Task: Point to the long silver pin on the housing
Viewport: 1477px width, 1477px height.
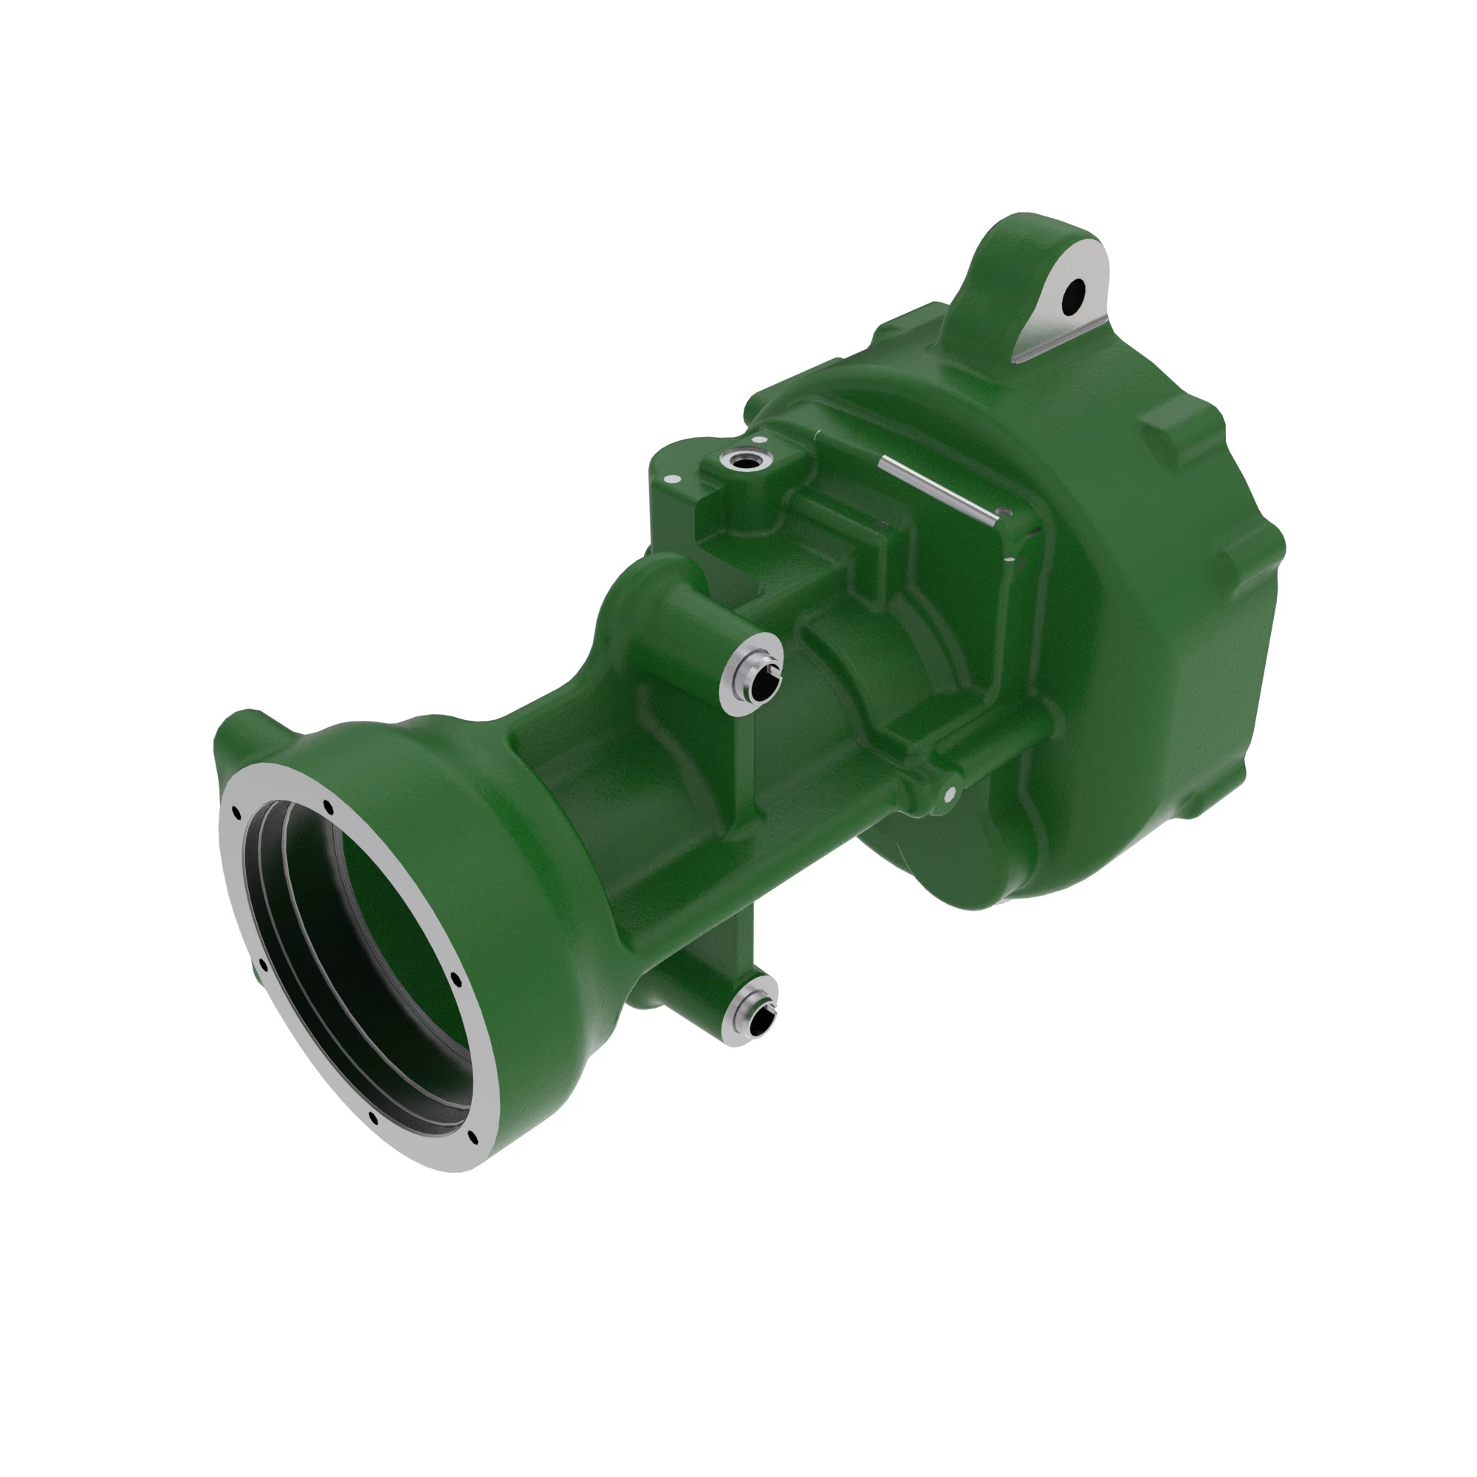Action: pyautogui.click(x=937, y=490)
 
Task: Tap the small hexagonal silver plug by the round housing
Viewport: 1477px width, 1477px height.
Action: pyautogui.click(x=949, y=795)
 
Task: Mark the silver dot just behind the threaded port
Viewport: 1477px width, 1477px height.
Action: pyautogui.click(x=760, y=439)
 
